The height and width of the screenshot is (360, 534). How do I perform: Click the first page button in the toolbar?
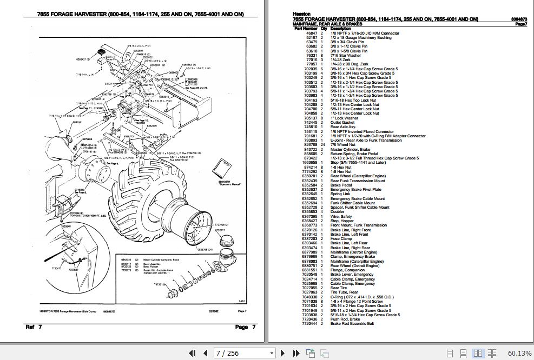(191, 353)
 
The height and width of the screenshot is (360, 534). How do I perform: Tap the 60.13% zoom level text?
(519, 353)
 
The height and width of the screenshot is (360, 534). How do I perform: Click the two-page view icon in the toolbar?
(478, 353)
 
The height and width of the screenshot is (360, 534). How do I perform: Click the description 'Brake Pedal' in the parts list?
(341, 185)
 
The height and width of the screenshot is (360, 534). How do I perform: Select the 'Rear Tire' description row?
(340, 288)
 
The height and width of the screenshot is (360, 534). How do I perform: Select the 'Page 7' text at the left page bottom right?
(241, 326)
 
